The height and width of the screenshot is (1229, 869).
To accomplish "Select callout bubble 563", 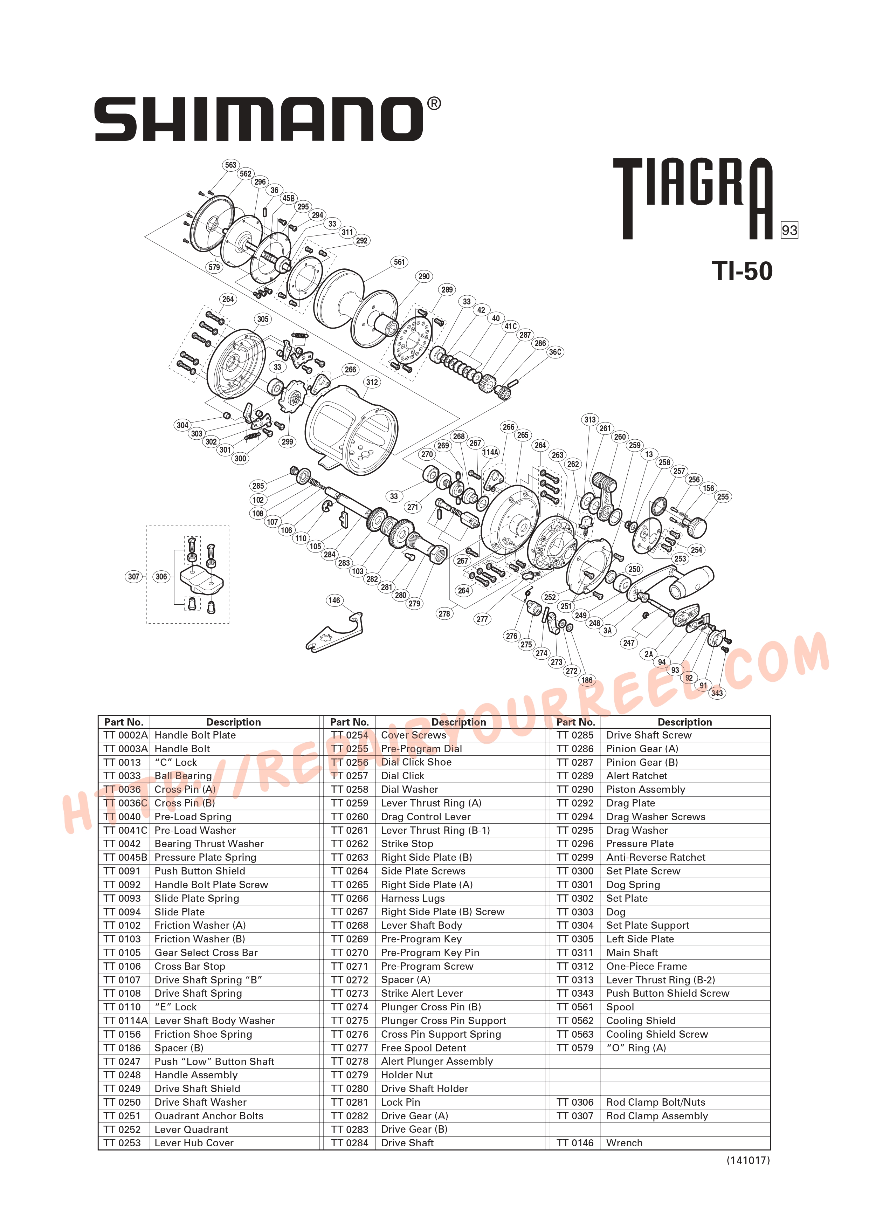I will (230, 165).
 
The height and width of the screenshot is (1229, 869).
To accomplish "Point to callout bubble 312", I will (372, 382).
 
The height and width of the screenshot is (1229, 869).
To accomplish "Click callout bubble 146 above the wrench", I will (335, 600).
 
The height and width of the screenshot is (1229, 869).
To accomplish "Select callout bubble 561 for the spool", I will (400, 262).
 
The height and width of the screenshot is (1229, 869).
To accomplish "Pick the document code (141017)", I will (747, 1160).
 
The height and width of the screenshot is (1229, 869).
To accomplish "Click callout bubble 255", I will (722, 497).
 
